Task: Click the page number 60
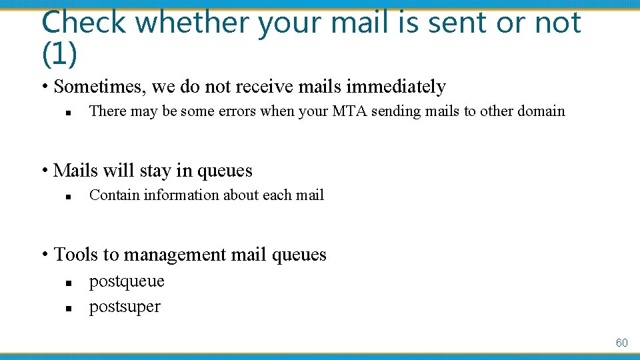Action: point(621,343)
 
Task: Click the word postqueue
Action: point(127,281)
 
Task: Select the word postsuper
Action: point(125,307)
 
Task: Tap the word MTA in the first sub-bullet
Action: point(349,111)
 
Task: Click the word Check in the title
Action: point(83,23)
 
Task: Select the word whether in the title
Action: point(193,23)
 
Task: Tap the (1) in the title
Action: point(59,55)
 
